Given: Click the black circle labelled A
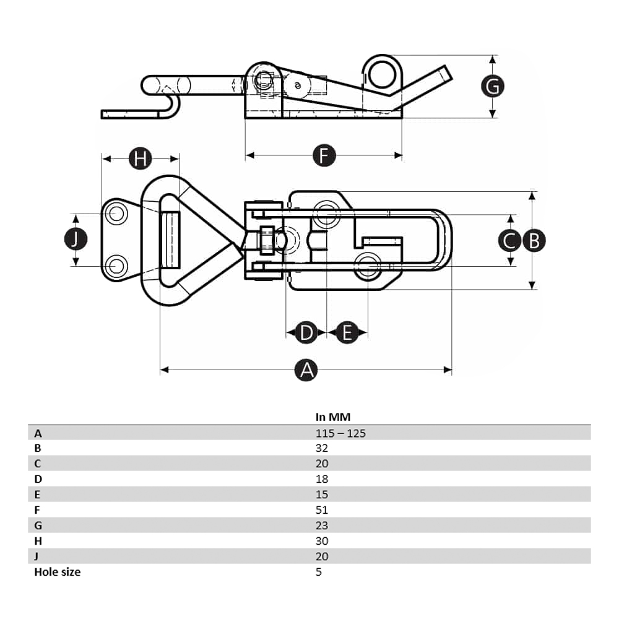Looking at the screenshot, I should (306, 370).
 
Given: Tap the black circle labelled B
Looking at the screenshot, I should (534, 240).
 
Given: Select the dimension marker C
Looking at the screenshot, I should (510, 240).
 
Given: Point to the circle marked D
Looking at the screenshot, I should (306, 333).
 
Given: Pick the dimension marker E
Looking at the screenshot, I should (347, 333).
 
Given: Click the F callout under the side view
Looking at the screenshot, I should (323, 155).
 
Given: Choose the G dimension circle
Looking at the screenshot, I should (493, 87).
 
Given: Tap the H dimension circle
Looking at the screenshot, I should (141, 158).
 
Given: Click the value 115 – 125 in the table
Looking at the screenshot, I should (340, 433).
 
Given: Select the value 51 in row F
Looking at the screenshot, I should (322, 510).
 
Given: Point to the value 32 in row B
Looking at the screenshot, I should (322, 448).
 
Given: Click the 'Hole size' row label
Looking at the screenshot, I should (57, 572).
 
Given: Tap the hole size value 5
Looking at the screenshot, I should (319, 572).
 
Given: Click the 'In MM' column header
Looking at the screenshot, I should (333, 417).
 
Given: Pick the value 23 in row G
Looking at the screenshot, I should (322, 526).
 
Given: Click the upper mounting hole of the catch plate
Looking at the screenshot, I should (116, 214).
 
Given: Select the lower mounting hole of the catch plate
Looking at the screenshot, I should (116, 267).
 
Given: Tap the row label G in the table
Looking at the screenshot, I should (38, 526).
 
